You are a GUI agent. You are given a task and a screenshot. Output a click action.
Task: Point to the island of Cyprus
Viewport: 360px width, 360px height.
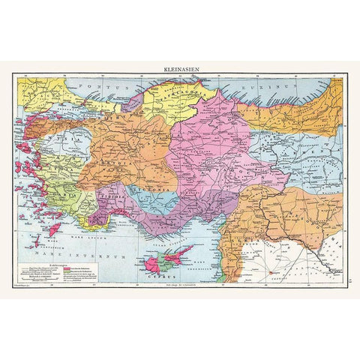pos(168,259)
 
